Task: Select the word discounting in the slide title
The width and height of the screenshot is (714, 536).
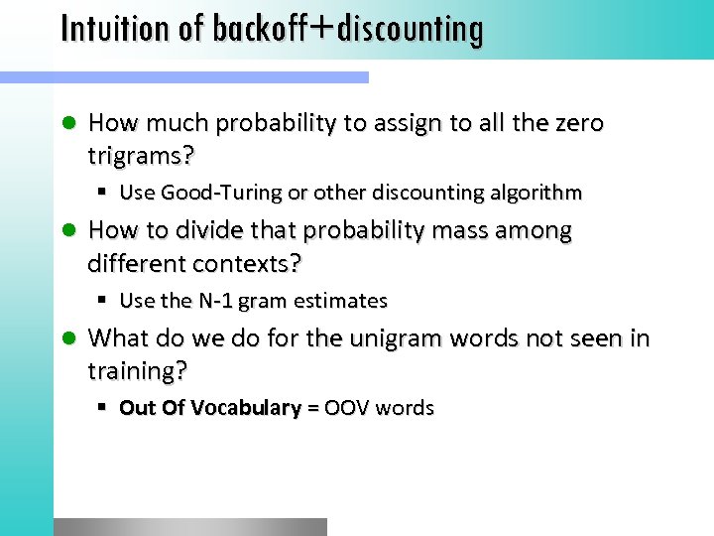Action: (410, 31)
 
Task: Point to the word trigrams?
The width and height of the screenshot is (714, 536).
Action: (142, 155)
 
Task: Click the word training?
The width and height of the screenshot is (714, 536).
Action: (138, 371)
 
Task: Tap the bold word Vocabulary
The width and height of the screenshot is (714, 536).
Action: (247, 408)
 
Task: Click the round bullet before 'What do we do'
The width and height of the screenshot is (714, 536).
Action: (68, 338)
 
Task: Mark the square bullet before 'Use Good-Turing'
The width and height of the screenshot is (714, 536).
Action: (103, 193)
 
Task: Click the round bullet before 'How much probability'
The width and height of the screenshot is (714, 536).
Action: (68, 123)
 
